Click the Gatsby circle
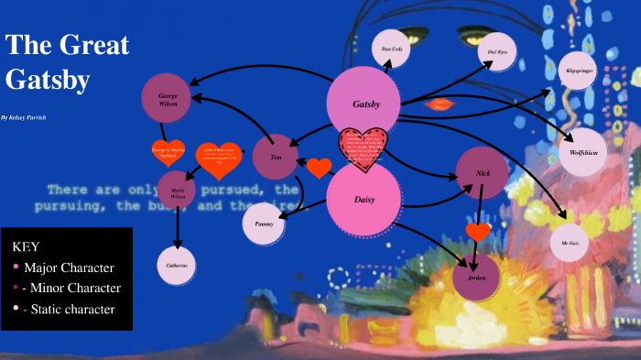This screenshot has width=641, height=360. [x=364, y=103]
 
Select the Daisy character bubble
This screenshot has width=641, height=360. [x=364, y=199]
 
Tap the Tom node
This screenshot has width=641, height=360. [x=276, y=157]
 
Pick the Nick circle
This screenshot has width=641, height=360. [x=482, y=171]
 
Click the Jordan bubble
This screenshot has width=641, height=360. [x=476, y=277]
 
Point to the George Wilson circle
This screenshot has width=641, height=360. [x=166, y=99]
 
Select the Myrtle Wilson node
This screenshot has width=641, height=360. [x=177, y=191]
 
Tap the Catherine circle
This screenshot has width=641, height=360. [x=177, y=266]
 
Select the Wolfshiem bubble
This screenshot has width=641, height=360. [x=582, y=152]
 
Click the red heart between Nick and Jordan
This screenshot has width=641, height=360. [x=478, y=232]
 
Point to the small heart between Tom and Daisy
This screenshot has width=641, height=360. [x=318, y=168]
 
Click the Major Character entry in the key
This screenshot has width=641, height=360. [x=70, y=267]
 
